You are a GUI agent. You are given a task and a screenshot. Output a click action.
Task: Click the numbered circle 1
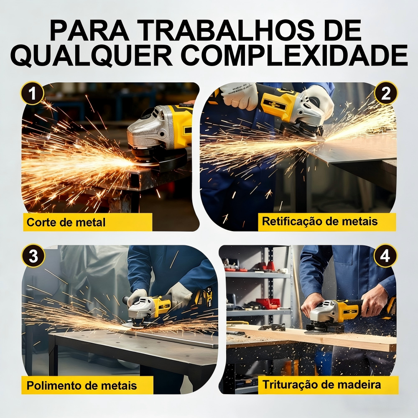tap(32, 93)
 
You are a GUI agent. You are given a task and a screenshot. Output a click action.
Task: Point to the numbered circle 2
tap(386, 93)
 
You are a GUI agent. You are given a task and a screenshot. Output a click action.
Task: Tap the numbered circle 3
tap(33, 256)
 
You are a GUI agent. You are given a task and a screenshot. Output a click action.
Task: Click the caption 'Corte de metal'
tap(66, 222)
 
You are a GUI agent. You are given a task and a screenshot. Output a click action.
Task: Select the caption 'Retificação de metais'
tap(320, 222)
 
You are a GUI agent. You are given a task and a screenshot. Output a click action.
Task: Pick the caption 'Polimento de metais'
tap(82, 385)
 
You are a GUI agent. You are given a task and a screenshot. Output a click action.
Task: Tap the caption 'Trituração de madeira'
tap(322, 385)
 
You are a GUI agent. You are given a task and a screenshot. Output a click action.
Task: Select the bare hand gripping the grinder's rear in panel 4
tap(374, 300)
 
